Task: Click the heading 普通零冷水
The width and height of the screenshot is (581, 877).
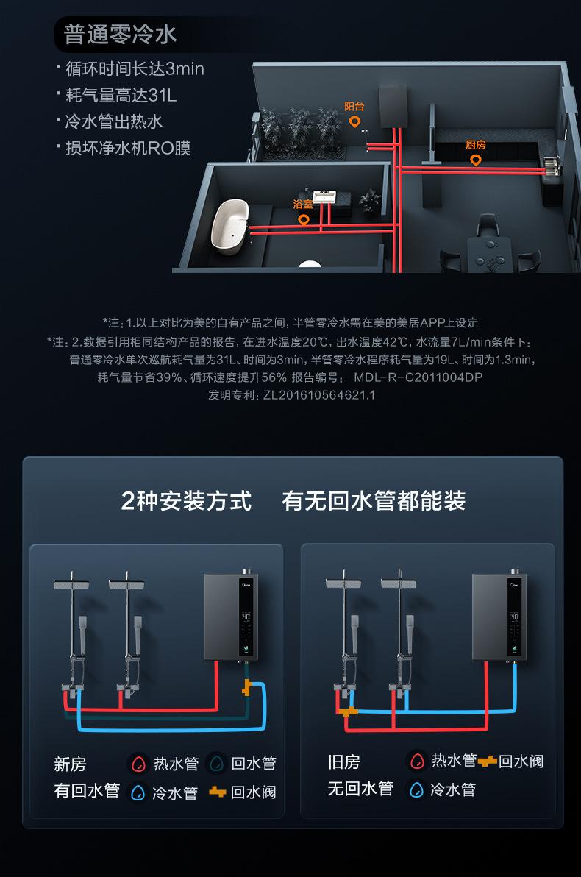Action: pyautogui.click(x=120, y=35)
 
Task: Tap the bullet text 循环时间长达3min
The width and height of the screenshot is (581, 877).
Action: pyautogui.click(x=135, y=69)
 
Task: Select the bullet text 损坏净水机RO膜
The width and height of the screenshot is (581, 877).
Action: pyautogui.click(x=128, y=148)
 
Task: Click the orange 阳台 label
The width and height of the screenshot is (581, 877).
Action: pyautogui.click(x=354, y=107)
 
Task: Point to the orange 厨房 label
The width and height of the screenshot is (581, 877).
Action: pyautogui.click(x=476, y=145)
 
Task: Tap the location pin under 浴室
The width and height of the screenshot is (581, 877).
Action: pyautogui.click(x=303, y=219)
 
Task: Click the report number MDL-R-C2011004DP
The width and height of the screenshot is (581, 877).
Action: pyautogui.click(x=418, y=377)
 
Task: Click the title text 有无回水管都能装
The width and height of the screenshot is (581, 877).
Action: pyautogui.click(x=374, y=502)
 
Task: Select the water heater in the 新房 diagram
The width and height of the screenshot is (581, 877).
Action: pyautogui.click(x=230, y=616)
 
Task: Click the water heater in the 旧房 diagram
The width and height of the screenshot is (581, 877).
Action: pyautogui.click(x=499, y=616)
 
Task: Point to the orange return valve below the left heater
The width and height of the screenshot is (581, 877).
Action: pyautogui.click(x=247, y=689)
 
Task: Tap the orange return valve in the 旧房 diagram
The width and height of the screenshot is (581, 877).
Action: pyautogui.click(x=348, y=711)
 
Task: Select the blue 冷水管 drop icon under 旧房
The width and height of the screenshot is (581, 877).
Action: pyautogui.click(x=417, y=789)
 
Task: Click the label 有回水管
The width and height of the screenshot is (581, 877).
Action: pyautogui.click(x=87, y=791)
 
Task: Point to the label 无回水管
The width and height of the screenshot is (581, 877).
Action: pyautogui.click(x=360, y=789)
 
